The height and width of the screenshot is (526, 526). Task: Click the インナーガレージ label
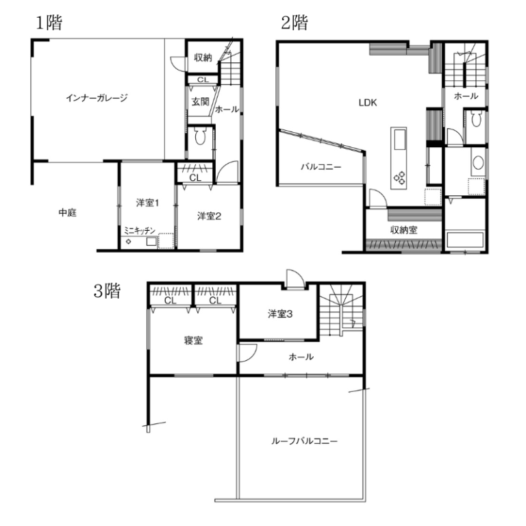97,98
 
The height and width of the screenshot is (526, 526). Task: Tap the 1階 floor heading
49,23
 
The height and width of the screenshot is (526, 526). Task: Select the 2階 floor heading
295,23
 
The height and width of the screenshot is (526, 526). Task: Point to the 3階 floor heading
107,290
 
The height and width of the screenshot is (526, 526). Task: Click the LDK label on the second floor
368,103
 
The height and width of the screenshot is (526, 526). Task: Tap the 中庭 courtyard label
68,212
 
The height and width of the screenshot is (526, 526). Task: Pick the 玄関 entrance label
200,101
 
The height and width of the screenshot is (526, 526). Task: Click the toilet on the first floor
200,135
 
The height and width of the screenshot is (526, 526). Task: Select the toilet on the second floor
476,119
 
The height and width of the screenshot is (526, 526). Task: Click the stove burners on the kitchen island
399,178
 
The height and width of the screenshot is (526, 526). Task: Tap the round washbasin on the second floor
478,163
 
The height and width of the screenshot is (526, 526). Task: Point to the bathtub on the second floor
465,239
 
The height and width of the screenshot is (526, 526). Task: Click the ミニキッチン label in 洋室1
140,230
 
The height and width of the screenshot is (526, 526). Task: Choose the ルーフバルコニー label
304,441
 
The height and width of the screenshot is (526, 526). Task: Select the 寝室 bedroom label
194,340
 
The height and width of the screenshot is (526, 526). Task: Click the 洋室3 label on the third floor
280,314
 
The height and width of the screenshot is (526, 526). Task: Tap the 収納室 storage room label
404,230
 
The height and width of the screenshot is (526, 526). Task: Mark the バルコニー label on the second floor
321,166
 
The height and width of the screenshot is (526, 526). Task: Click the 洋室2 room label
209,216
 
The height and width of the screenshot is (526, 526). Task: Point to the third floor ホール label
301,357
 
